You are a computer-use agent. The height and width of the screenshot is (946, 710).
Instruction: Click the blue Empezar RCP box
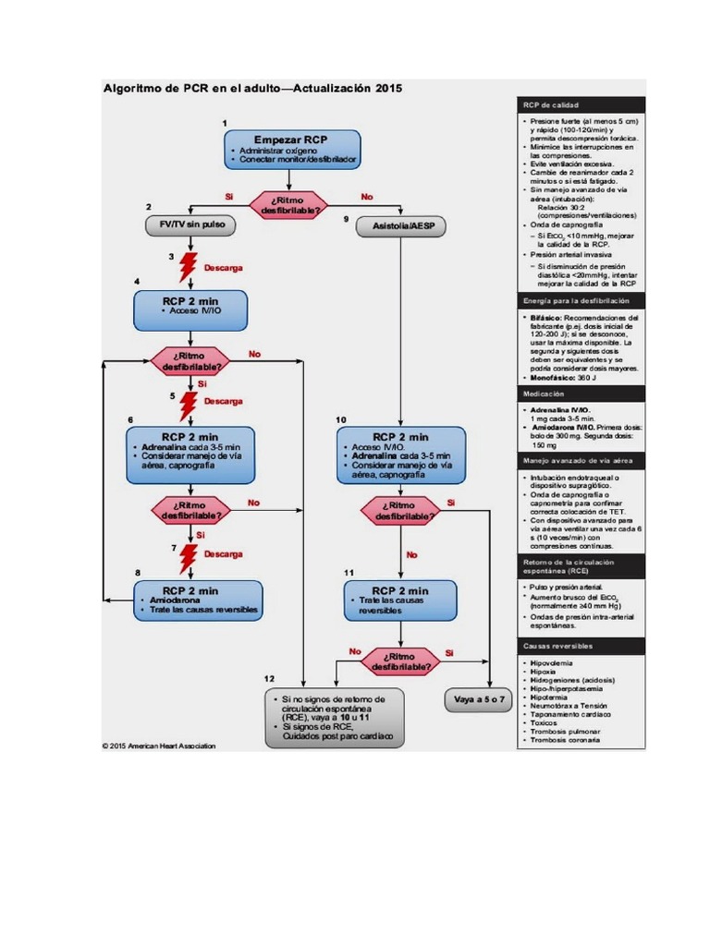pyautogui.click(x=291, y=150)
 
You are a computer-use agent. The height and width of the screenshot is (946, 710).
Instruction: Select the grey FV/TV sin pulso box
pyautogui.click(x=190, y=225)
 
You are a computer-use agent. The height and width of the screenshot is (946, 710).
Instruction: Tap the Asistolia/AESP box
pyautogui.click(x=400, y=226)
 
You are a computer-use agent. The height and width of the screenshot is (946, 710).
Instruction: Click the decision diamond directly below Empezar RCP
pyautogui.click(x=291, y=205)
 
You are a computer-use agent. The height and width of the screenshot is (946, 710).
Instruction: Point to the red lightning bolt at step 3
pyautogui.click(x=188, y=267)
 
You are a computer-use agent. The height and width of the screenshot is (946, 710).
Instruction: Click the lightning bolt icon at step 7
pyautogui.click(x=189, y=557)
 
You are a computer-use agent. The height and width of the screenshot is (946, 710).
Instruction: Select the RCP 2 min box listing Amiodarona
pyautogui.click(x=197, y=600)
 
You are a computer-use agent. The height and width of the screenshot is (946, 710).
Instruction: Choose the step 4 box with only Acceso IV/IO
pyautogui.click(x=190, y=310)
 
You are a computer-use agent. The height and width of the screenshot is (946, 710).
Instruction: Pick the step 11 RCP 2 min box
pyautogui.click(x=399, y=600)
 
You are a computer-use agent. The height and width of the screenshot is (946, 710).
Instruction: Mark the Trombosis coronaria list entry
pyautogui.click(x=565, y=741)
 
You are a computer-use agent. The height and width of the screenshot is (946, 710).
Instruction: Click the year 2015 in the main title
pyautogui.click(x=388, y=89)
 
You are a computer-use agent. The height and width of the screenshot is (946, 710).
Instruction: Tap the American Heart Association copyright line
pyautogui.click(x=159, y=746)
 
